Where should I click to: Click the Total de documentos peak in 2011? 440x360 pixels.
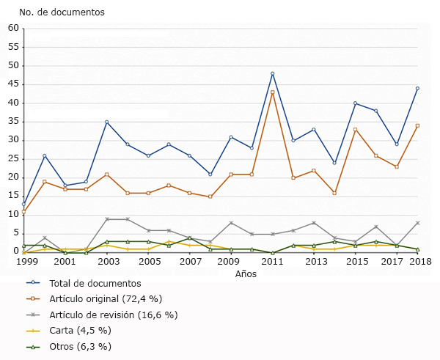click(x=273, y=73)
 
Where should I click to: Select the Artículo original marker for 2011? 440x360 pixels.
click(x=273, y=92)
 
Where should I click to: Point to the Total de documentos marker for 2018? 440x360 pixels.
click(x=417, y=89)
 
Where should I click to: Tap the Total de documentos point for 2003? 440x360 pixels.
click(x=107, y=122)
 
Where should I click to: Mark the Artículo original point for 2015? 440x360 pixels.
click(x=356, y=130)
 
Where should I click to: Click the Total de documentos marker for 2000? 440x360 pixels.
click(x=45, y=155)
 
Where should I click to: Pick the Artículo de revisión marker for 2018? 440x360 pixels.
click(x=417, y=222)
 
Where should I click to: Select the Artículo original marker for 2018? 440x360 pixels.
click(x=417, y=125)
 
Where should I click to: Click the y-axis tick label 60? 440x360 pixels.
click(x=13, y=28)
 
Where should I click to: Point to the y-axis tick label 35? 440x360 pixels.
click(x=13, y=122)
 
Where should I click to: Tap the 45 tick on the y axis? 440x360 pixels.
click(x=13, y=84)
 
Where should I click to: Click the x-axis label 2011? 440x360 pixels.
click(x=273, y=261)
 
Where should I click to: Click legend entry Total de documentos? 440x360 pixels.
click(x=95, y=283)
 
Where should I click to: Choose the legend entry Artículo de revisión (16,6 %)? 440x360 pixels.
click(x=113, y=315)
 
